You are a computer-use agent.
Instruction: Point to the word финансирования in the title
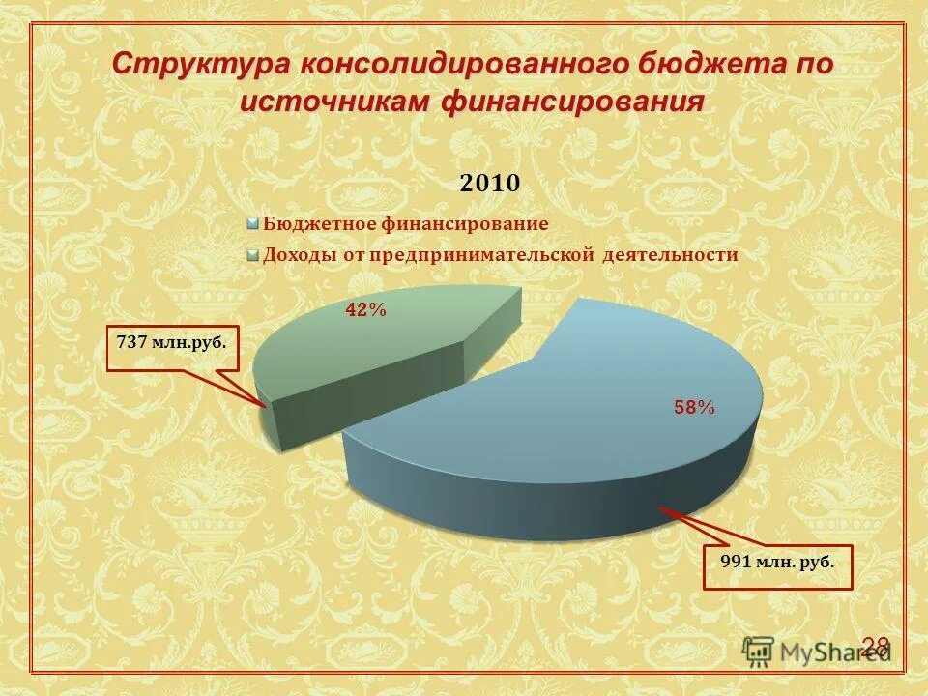[573, 101]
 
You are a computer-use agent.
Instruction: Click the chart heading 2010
[489, 183]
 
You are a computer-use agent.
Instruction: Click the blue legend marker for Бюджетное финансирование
[253, 224]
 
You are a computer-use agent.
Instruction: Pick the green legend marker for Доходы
[253, 256]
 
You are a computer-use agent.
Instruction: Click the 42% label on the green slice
[366, 310]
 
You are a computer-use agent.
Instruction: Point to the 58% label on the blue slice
[694, 409]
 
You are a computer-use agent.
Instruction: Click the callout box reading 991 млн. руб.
[777, 567]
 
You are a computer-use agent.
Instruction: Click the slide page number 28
[875, 648]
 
